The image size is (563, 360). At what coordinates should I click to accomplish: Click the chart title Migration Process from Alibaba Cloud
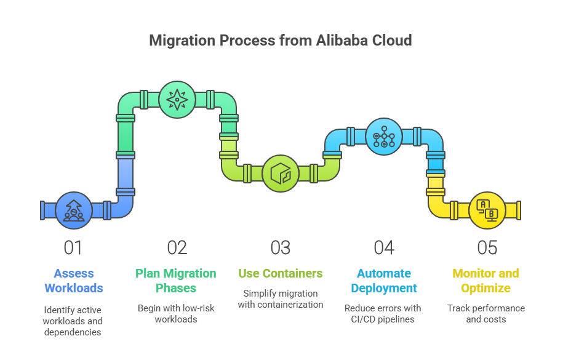click(x=281, y=41)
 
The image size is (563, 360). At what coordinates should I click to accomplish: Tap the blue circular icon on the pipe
click(x=74, y=210)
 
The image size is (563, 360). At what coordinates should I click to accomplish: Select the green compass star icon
click(x=177, y=99)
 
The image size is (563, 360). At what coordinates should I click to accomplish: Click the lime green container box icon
click(x=281, y=173)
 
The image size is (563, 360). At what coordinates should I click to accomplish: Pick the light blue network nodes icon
click(x=384, y=136)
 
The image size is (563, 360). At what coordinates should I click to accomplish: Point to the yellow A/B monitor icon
click(x=487, y=210)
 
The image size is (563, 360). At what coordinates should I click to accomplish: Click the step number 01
click(x=73, y=247)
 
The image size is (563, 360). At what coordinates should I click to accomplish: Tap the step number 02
click(x=177, y=247)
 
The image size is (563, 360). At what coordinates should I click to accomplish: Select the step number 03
click(x=280, y=247)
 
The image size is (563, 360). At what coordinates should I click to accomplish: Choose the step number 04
click(x=384, y=247)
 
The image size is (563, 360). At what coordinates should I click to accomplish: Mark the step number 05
click(x=487, y=247)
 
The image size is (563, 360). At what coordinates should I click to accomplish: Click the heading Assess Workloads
click(x=73, y=281)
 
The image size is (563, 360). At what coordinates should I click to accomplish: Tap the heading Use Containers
click(x=280, y=273)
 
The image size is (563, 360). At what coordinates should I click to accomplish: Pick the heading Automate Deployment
click(x=384, y=281)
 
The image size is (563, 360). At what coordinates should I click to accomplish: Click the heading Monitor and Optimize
click(x=486, y=281)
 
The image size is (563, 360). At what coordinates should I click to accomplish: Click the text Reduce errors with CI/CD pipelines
click(x=383, y=313)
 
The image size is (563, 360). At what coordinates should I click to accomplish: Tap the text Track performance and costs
click(x=486, y=313)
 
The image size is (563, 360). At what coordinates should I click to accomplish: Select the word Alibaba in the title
click(x=343, y=41)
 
